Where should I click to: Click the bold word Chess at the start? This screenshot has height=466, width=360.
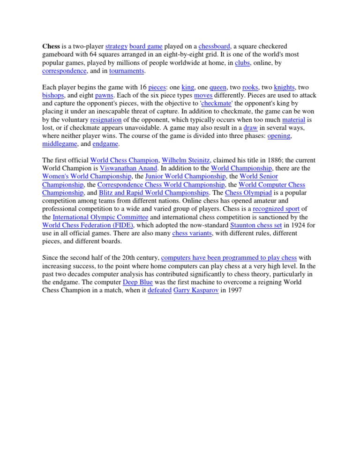51,46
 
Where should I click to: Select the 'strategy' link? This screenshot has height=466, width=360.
116,46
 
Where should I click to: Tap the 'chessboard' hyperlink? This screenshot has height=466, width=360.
214,46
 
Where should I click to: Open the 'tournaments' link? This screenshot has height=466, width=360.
127,71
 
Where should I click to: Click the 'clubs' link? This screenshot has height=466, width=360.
243,63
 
